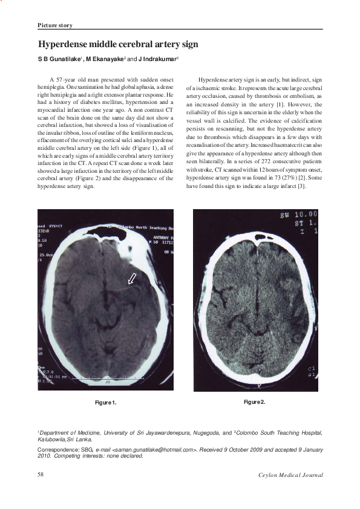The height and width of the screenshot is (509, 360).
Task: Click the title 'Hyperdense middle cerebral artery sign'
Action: click(x=118, y=45)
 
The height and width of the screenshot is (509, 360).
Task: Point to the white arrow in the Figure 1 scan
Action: click(x=131, y=278)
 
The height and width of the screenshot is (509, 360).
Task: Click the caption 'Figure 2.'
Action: click(x=255, y=402)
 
